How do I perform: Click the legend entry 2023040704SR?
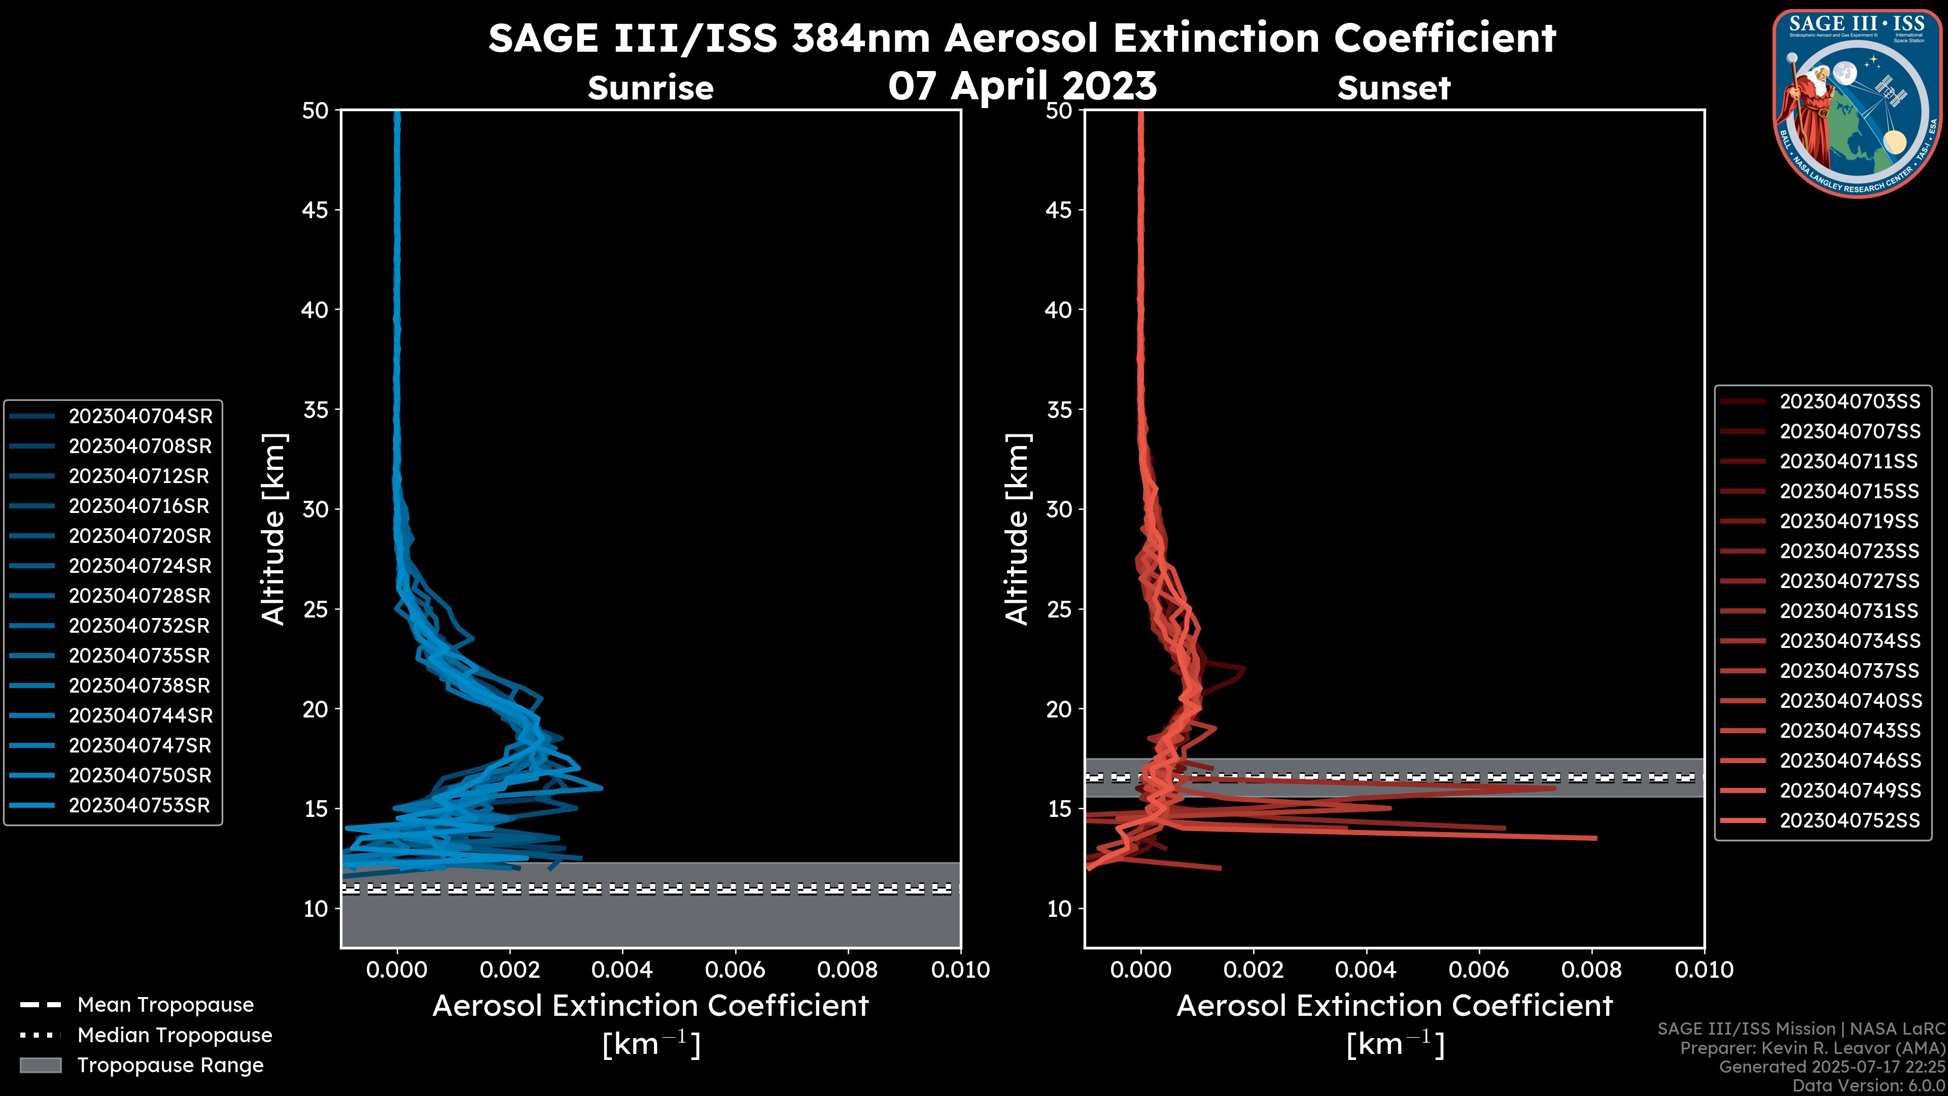click(140, 416)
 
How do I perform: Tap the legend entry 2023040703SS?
click(1850, 402)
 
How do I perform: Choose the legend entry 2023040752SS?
click(1850, 820)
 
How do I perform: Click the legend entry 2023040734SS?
click(1850, 641)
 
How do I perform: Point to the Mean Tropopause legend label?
click(165, 1005)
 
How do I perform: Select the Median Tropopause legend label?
click(175, 1036)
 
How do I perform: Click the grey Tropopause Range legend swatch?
click(40, 1065)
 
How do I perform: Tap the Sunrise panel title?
click(650, 88)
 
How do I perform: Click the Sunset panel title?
click(1394, 88)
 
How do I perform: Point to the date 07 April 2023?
click(1022, 85)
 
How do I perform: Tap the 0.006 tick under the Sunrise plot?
click(735, 970)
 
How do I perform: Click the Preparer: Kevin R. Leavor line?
click(1812, 1048)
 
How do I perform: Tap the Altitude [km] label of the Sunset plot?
click(1017, 529)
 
